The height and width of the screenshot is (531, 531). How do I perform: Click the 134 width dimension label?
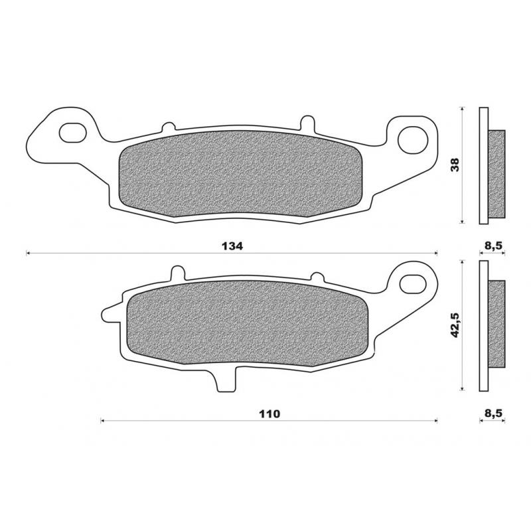coord(233,246)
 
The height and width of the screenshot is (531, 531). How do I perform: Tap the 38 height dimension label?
coord(455,165)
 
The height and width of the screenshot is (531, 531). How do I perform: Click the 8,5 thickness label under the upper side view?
coord(493,246)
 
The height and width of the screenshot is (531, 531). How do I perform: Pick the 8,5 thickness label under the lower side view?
coord(493,414)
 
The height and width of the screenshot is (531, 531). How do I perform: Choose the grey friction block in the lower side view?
coord(496,324)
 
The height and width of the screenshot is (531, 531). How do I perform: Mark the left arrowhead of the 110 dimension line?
coord(103,420)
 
